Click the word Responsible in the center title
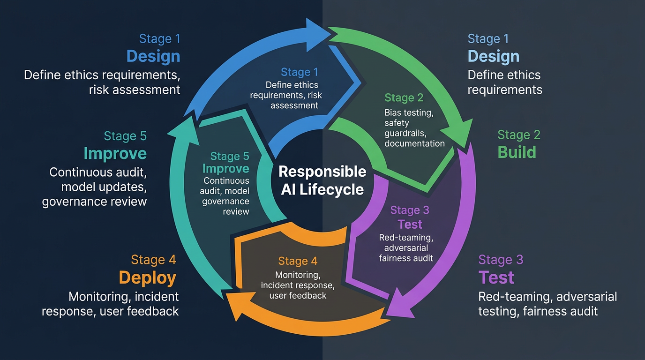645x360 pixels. click(322, 172)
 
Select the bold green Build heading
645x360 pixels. click(517, 152)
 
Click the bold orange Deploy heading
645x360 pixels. click(148, 277)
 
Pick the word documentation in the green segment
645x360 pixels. click(414, 143)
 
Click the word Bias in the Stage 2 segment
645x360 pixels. click(393, 112)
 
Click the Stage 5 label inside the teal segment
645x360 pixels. click(230, 156)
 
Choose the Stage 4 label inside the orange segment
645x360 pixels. click(298, 261)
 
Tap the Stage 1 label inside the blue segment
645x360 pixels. click(300, 72)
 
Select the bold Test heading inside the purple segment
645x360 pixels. click(410, 224)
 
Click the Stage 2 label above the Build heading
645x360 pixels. click(519, 135)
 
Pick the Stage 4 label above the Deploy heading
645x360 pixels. click(154, 260)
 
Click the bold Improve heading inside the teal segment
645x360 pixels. click(226, 169)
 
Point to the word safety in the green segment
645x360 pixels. click(397, 123)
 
